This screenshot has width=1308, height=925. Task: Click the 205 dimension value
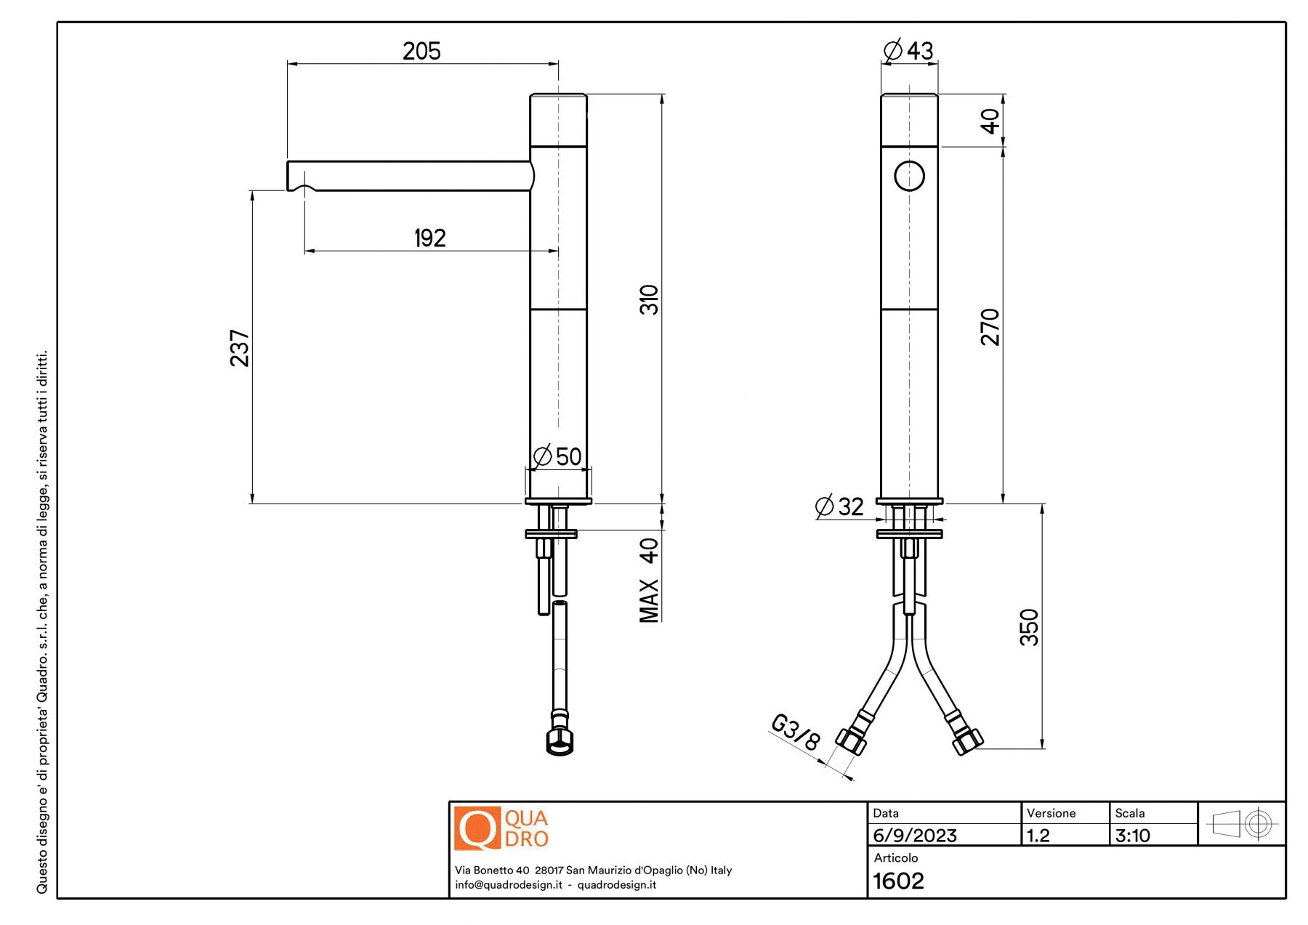point(421,51)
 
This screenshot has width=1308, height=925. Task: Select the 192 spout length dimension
point(429,238)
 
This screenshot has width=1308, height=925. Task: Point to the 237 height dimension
point(239,348)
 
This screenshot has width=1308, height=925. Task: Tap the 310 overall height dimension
point(649,299)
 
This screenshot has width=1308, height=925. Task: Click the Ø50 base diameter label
point(557,456)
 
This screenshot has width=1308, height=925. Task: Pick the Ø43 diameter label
point(908,50)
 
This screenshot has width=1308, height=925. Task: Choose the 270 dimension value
point(990,327)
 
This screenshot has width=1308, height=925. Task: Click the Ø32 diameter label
point(839,506)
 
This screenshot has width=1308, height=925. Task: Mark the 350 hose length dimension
point(1029,627)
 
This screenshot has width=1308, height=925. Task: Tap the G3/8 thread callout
point(795,732)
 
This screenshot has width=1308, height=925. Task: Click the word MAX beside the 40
point(649,601)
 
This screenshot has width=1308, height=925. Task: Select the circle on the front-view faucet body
point(909,176)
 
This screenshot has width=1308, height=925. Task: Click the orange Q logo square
point(477,828)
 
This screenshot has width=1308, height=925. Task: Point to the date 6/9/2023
point(914,836)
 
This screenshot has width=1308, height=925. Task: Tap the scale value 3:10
point(1132,836)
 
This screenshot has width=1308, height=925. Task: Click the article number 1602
point(898,881)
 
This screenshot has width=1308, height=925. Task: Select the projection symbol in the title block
point(1241,824)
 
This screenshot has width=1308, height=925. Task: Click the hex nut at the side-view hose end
point(560,741)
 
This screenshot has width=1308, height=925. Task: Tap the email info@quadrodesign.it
point(509,884)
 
